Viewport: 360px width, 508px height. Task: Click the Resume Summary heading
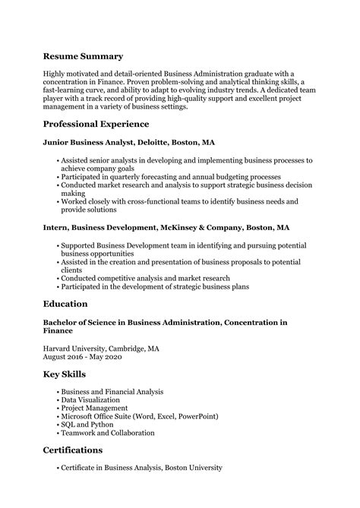click(x=83, y=56)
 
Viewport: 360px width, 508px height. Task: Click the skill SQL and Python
click(x=88, y=424)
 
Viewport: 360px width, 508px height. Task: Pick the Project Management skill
click(x=94, y=408)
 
